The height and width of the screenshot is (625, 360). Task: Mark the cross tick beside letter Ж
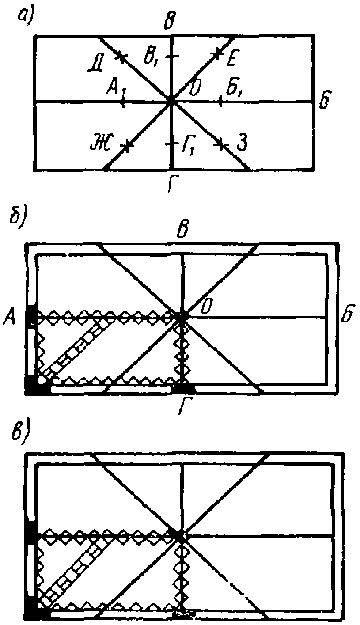pyautogui.click(x=127, y=146)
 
